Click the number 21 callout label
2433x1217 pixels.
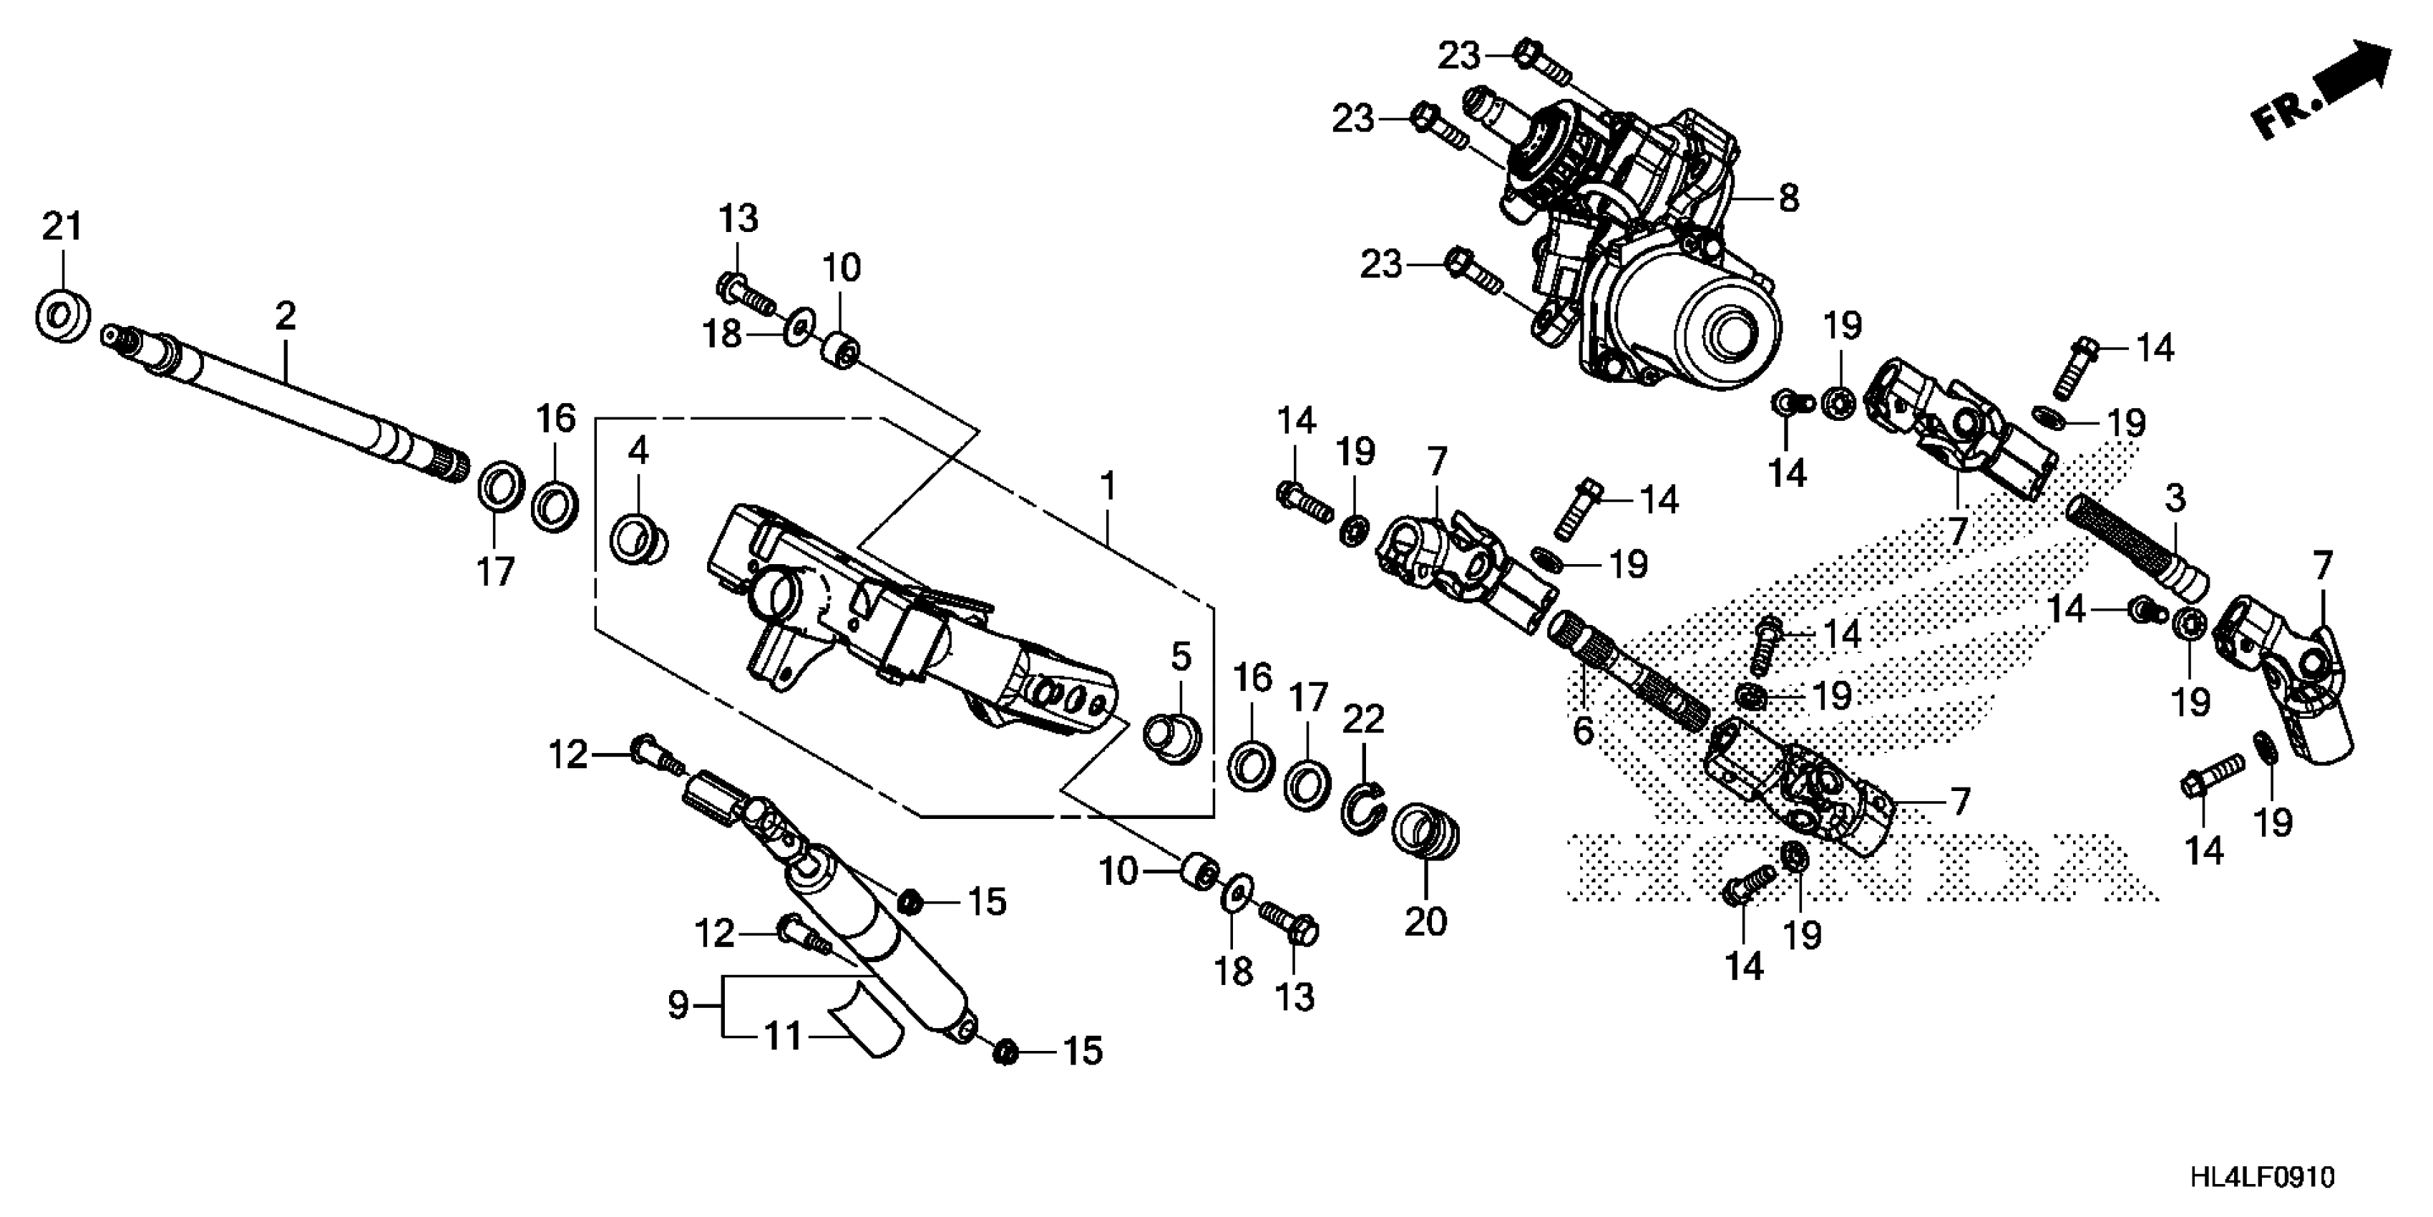coord(62,228)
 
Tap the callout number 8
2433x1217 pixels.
coord(1788,199)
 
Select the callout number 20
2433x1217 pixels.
coord(1425,921)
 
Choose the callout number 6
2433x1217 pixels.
coord(1583,729)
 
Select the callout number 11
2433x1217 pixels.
coord(783,1037)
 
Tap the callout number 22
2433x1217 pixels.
coord(1364,719)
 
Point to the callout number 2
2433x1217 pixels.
coord(286,316)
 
